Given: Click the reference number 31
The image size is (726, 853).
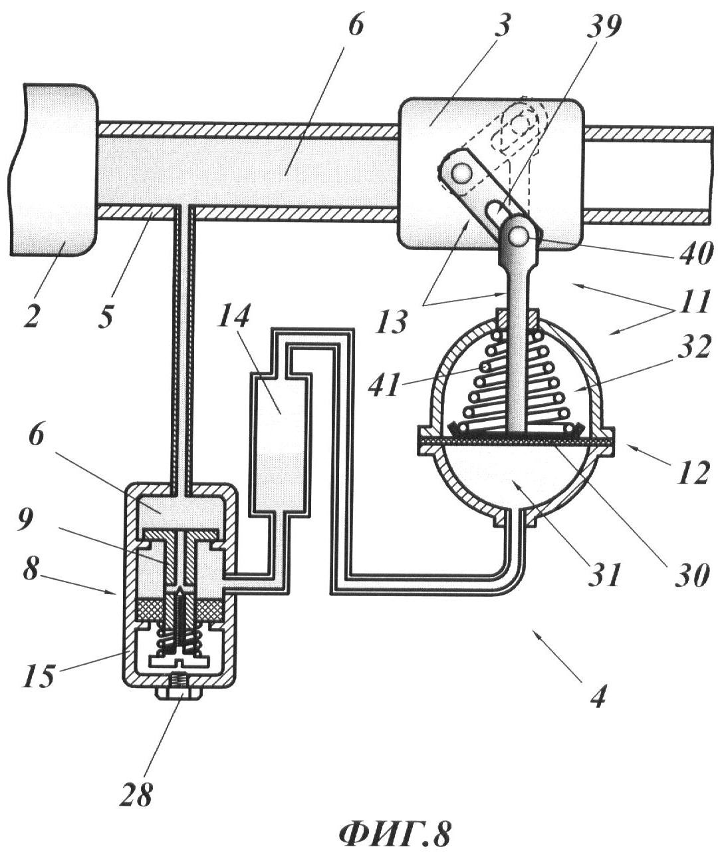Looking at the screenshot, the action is (605, 574).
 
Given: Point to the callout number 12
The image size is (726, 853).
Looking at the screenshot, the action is (694, 471).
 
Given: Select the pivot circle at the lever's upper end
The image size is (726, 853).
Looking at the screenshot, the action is (461, 174).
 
